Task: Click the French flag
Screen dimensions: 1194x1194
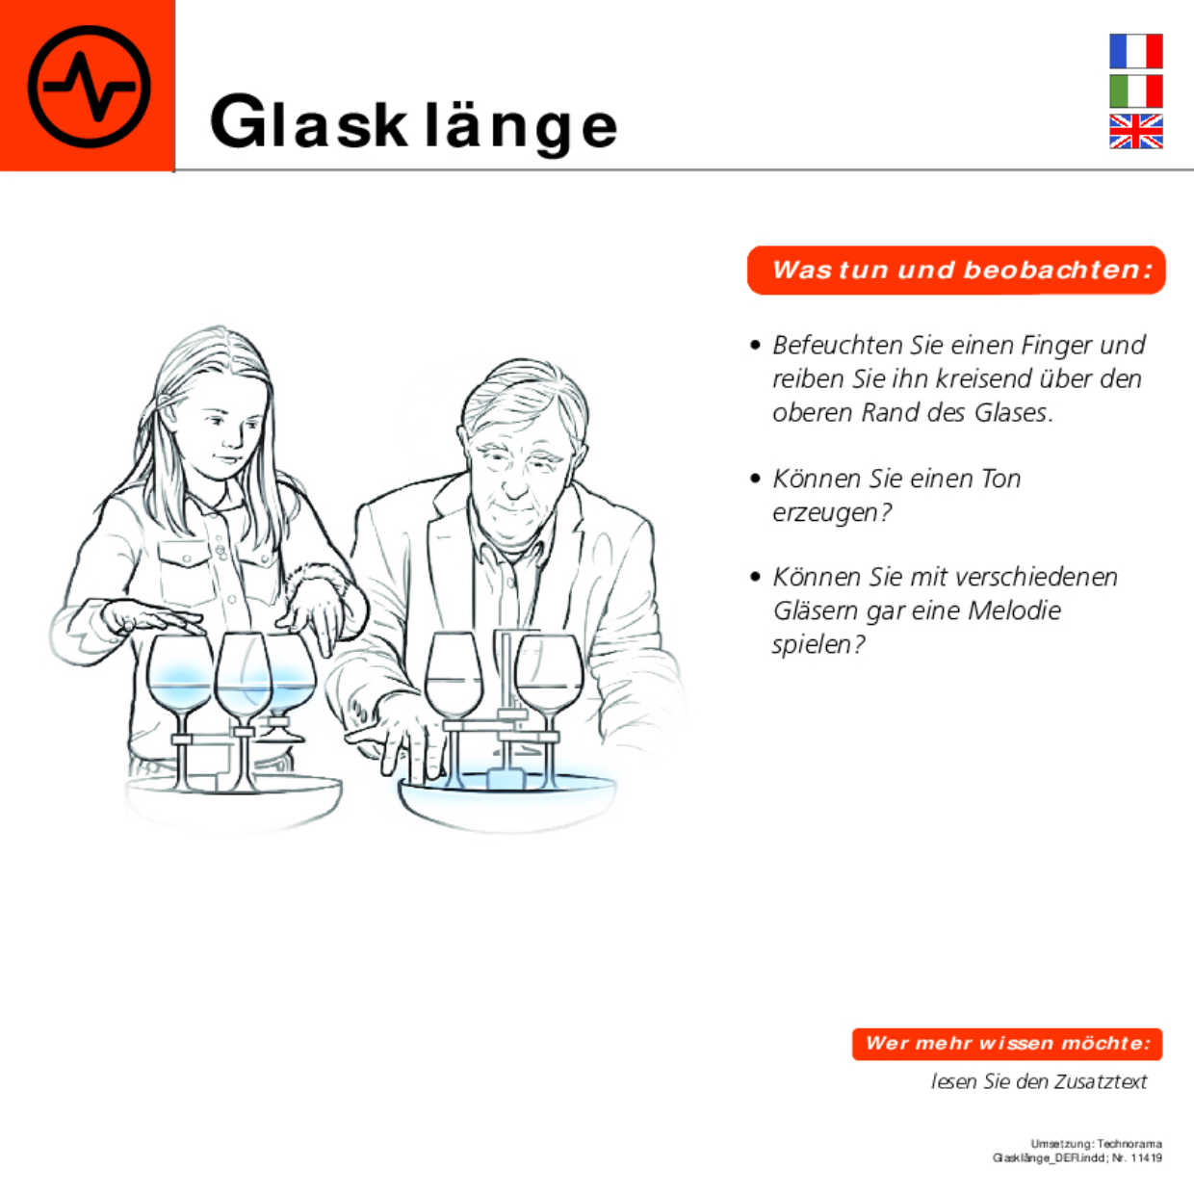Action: coord(1135,51)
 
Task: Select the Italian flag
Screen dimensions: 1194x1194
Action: coord(1135,91)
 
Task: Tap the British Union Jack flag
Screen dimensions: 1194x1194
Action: coord(1135,131)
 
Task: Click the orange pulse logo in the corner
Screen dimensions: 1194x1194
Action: coord(88,86)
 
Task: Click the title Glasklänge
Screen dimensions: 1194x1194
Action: coord(413,123)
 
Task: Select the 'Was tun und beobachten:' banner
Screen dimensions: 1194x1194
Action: coord(956,270)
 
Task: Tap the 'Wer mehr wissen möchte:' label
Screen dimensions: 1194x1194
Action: coord(1007,1043)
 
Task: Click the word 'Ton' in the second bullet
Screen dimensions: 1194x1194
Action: coord(1000,479)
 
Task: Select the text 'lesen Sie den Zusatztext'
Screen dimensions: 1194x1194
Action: coord(1038,1081)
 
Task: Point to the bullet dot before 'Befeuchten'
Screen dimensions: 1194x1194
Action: coord(756,345)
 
